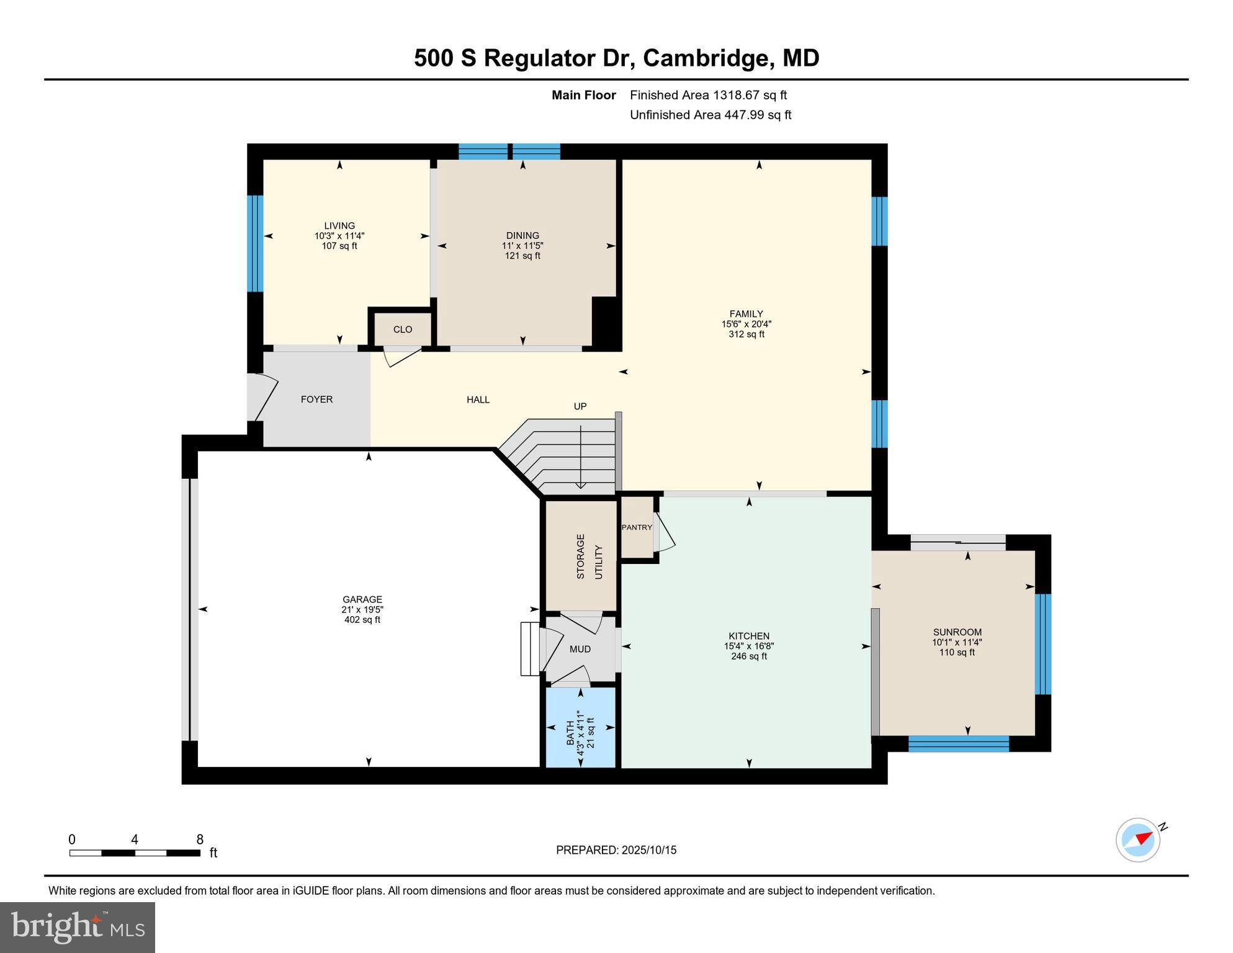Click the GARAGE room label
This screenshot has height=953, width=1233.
362,599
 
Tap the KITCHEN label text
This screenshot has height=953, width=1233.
749,636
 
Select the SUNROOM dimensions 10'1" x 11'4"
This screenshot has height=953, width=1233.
957,643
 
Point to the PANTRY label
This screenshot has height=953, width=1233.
637,527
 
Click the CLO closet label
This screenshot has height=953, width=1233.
403,329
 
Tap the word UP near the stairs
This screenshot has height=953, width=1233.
580,406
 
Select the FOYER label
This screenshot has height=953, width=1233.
316,400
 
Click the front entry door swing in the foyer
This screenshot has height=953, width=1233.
264,396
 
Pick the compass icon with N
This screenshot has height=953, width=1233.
1139,839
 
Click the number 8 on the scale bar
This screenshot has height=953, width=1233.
200,840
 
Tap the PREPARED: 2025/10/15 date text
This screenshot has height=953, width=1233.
616,850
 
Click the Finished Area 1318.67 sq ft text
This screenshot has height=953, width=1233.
708,95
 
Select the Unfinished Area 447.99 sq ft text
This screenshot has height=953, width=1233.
711,115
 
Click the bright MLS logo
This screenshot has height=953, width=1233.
78,927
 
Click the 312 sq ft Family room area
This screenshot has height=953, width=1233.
746,334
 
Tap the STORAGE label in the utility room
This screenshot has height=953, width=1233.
581,557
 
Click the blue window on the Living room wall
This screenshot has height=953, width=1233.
255,243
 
